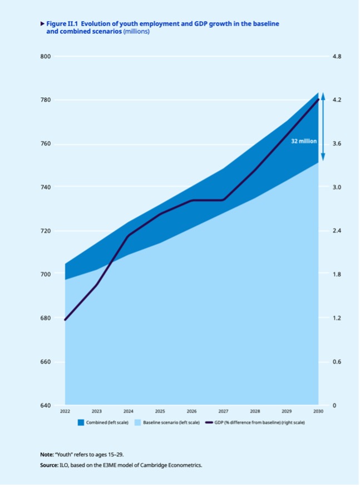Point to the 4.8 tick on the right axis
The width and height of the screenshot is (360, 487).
click(x=336, y=57)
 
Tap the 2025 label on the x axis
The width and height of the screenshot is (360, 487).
click(x=160, y=411)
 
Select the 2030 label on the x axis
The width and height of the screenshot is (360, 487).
click(x=318, y=411)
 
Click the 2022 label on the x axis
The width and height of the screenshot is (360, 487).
click(x=65, y=411)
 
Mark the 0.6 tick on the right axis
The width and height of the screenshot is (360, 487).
click(x=336, y=362)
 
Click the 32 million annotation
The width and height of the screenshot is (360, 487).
click(x=304, y=141)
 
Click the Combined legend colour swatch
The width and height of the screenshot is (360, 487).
click(x=81, y=423)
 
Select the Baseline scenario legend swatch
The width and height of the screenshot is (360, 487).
click(x=137, y=423)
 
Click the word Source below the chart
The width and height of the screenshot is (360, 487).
click(x=51, y=465)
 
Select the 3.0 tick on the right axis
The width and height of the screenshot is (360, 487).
click(x=336, y=187)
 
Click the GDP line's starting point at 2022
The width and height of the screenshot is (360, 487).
click(x=65, y=320)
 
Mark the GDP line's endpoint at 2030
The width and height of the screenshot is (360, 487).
click(x=318, y=100)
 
